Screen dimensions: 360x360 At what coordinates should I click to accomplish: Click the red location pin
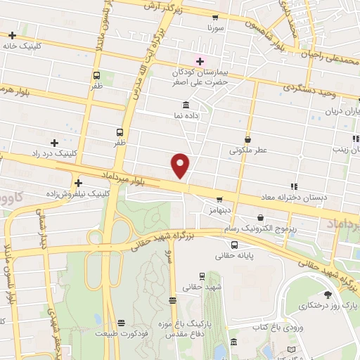181,165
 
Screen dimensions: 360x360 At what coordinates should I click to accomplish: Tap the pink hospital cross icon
199,60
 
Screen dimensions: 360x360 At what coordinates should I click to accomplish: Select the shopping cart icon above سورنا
215,18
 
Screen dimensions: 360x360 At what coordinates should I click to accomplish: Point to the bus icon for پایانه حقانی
234,245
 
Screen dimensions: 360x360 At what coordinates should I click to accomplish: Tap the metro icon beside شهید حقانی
202,276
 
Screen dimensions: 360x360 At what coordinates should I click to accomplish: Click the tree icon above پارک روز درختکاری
327,295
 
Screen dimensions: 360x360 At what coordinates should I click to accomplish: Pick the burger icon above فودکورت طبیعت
122,323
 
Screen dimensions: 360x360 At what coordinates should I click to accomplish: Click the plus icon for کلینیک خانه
13,34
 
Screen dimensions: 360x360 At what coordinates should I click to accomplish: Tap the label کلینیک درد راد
55,153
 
